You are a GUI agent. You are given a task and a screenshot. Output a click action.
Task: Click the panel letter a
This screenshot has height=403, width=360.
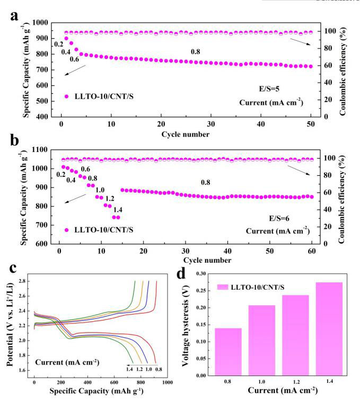[14, 16]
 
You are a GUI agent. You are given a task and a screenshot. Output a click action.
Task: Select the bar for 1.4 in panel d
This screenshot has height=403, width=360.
[329, 329]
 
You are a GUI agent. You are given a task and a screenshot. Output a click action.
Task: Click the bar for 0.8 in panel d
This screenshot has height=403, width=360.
[228, 352]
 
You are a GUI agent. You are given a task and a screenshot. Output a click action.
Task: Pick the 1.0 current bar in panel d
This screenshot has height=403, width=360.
[262, 341]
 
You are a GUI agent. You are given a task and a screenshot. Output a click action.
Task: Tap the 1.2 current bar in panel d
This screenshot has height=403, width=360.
[295, 335]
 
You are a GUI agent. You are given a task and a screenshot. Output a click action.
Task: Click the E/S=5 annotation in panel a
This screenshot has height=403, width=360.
[269, 89]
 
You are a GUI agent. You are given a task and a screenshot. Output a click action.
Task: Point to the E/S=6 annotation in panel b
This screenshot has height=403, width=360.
[279, 219]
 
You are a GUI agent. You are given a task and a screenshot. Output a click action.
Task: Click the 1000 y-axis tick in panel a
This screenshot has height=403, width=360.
[40, 23]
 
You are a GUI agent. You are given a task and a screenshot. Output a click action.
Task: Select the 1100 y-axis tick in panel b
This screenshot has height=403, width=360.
[40, 149]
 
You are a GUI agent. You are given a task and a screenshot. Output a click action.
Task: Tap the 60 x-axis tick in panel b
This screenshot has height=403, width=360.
[312, 251]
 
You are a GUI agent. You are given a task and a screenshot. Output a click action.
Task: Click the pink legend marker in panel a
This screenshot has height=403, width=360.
[67, 96]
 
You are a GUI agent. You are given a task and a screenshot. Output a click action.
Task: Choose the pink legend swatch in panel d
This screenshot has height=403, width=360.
[223, 287]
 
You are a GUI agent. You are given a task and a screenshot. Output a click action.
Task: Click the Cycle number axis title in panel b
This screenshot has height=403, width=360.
[207, 260]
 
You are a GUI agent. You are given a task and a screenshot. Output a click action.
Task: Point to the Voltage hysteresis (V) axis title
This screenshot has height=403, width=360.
[185, 325]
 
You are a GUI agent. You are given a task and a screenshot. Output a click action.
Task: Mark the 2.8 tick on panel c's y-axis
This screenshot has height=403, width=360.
[22, 281]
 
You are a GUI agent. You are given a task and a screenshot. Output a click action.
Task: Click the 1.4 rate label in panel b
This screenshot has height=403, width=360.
[118, 210]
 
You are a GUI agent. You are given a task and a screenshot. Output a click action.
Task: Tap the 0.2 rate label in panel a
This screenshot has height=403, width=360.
[59, 44]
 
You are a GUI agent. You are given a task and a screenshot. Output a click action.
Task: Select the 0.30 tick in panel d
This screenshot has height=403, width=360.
[201, 273]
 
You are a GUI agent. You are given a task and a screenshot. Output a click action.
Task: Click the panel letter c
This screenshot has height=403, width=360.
[13, 268]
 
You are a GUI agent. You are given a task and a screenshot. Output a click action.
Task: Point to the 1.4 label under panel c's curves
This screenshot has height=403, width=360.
[129, 369]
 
